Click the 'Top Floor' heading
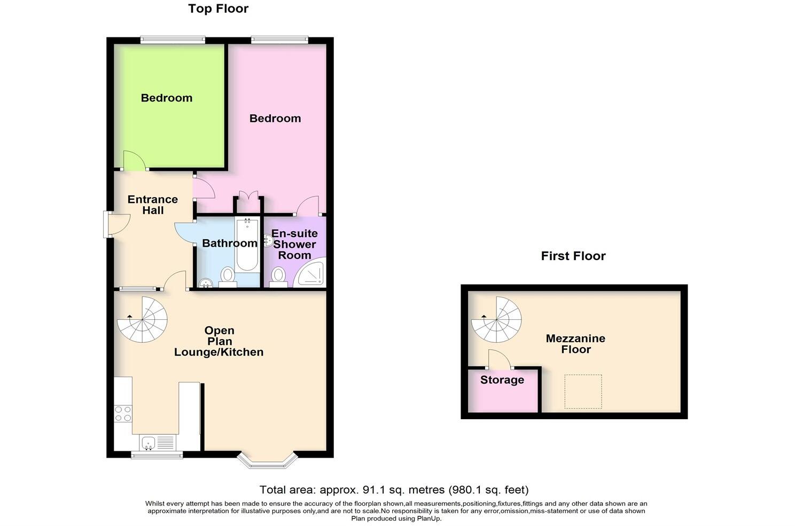(218, 9)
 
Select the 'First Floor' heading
(573, 256)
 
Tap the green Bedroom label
(166, 98)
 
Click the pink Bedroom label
(275, 118)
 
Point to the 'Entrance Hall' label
(153, 205)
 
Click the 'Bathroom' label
(229, 244)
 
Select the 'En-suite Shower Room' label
(294, 244)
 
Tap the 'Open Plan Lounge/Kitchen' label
(219, 341)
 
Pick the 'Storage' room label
(502, 380)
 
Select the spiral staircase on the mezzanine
(496, 320)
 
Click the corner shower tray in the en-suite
(311, 273)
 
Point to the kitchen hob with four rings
(123, 413)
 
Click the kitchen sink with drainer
(158, 442)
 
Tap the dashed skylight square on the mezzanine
(583, 391)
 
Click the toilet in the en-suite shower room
(278, 277)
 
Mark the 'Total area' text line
(394, 490)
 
